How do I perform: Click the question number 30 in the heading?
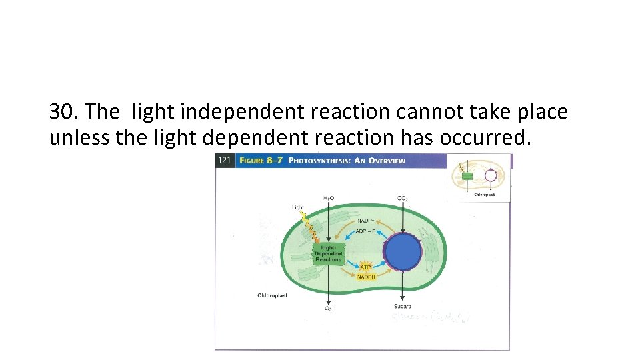[63, 111]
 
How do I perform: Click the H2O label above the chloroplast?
[329, 198]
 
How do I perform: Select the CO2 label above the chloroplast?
[403, 198]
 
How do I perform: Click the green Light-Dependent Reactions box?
[328, 253]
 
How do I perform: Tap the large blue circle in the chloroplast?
[403, 253]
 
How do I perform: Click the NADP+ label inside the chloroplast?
[366, 221]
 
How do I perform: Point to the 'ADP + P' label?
[366, 231]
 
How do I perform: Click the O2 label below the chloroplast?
[329, 308]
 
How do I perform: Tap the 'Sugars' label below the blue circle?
[403, 307]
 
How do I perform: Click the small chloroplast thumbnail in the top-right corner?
[479, 177]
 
